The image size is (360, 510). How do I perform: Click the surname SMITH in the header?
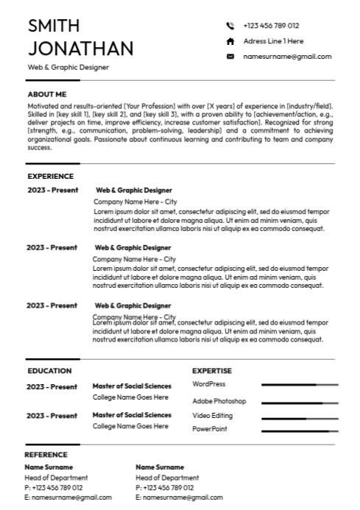(x=54, y=26)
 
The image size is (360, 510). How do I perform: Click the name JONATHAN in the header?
(x=80, y=49)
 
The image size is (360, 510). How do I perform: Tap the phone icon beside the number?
(x=230, y=26)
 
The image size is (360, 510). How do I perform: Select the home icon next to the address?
(x=230, y=41)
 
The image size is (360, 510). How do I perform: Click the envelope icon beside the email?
(x=230, y=57)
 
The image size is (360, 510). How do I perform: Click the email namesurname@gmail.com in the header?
(x=287, y=57)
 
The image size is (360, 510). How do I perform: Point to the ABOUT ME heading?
(x=47, y=94)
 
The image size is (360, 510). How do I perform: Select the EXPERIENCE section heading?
(x=50, y=177)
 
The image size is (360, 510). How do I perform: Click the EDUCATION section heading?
(x=49, y=371)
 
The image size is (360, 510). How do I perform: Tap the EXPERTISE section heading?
(x=212, y=371)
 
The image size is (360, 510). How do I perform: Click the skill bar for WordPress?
(x=300, y=385)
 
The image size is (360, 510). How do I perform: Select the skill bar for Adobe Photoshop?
(x=300, y=403)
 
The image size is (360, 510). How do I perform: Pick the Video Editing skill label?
(x=212, y=415)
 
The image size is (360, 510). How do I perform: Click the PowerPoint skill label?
(x=210, y=428)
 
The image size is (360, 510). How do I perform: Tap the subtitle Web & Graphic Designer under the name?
(x=68, y=68)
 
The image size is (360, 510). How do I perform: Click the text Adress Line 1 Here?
(x=273, y=41)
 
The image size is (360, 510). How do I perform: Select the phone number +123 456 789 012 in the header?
(x=271, y=26)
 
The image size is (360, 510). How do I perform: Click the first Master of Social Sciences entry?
(x=132, y=386)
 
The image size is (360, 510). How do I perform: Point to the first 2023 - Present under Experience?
(x=52, y=190)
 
